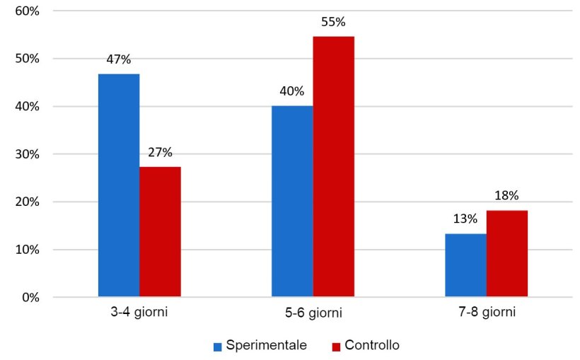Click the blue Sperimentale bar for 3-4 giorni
click(x=119, y=185)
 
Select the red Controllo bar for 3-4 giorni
click(x=160, y=232)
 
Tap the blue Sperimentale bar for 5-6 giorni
click(x=292, y=202)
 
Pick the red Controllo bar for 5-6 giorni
click(x=333, y=167)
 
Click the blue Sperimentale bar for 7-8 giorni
click(x=465, y=265)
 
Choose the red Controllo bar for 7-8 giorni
click(x=506, y=254)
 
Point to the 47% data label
click(x=119, y=59)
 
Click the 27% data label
click(x=160, y=152)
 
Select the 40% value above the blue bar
click(x=292, y=91)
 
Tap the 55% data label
click(x=333, y=22)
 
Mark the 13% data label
click(x=465, y=219)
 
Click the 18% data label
click(x=506, y=195)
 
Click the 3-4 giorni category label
click(x=139, y=313)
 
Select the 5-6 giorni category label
click(x=313, y=313)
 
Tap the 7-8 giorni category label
click(x=486, y=313)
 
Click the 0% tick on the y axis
click(x=30, y=297)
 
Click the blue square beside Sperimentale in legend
click(x=218, y=347)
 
